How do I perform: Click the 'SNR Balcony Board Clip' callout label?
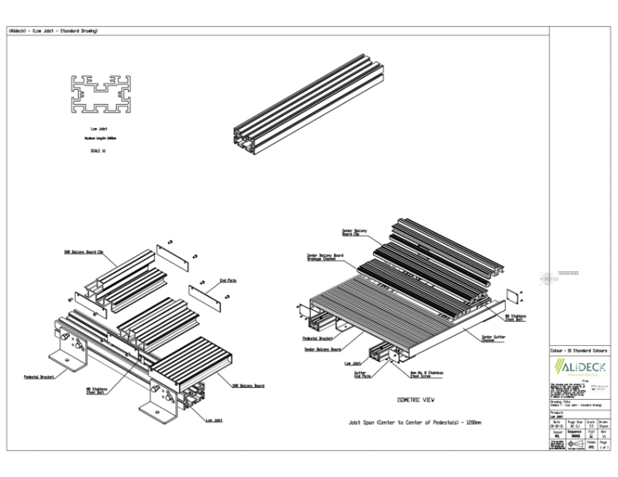pyautogui.click(x=84, y=252)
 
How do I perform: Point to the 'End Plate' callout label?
pyautogui.click(x=227, y=280)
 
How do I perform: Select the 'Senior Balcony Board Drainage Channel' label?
pyautogui.click(x=325, y=258)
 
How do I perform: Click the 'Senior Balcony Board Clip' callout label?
pyautogui.click(x=353, y=232)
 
